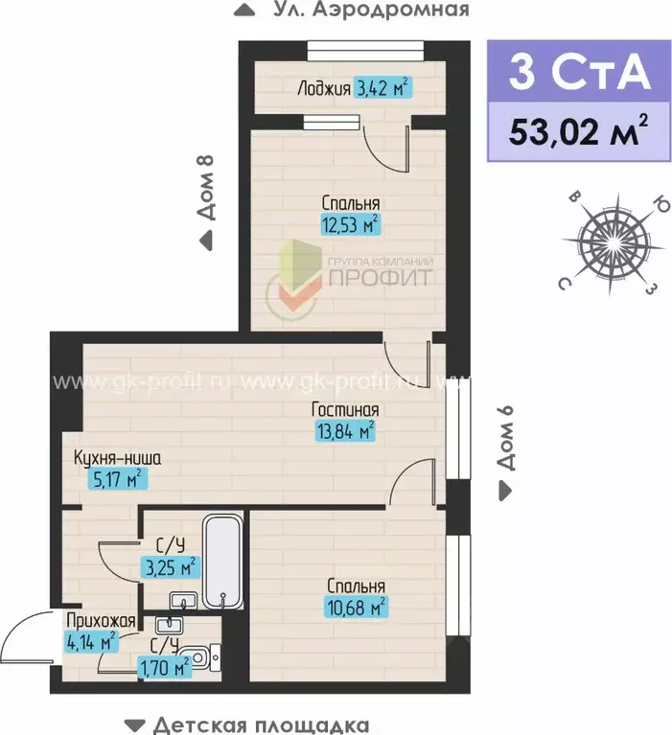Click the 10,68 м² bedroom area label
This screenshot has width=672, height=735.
coord(357,607)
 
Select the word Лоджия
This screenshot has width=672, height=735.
coord(323,89)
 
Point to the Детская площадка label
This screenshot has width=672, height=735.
coord(261,724)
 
